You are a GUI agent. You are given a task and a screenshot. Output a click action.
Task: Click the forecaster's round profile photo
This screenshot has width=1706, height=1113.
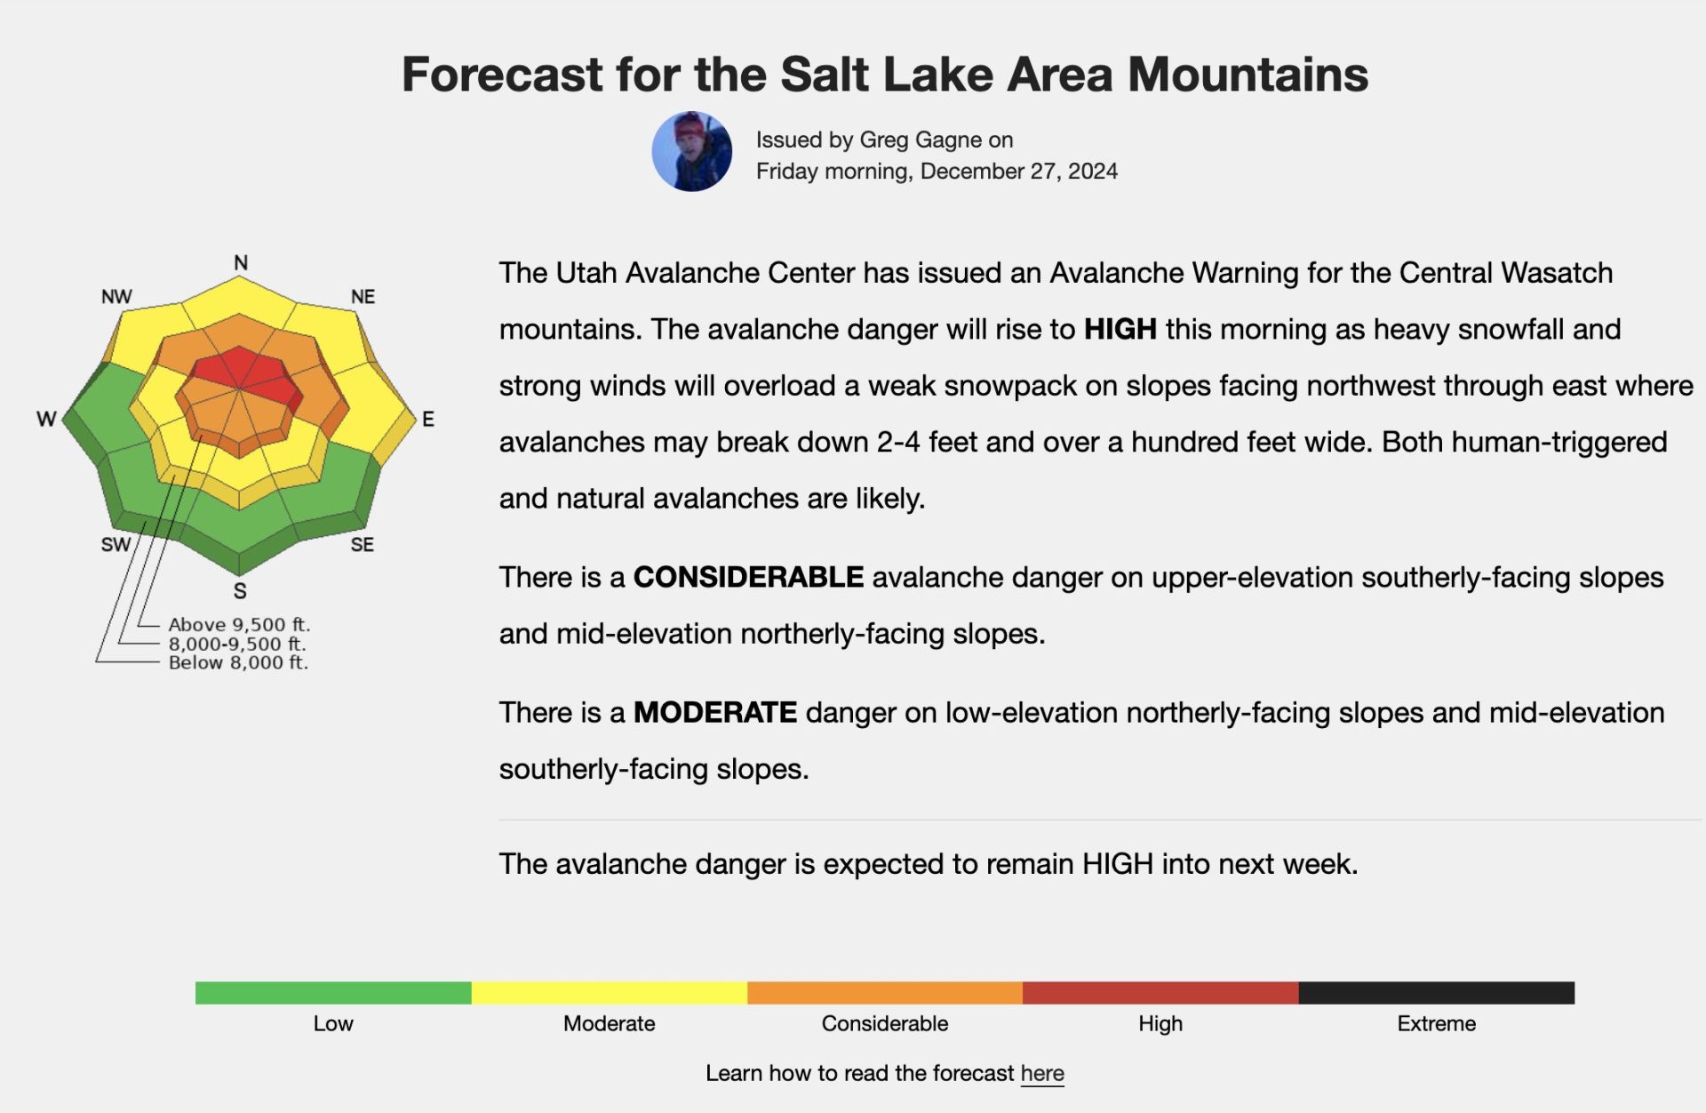pos(692,151)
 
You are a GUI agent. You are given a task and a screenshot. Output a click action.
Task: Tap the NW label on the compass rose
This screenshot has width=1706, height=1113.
pos(116,296)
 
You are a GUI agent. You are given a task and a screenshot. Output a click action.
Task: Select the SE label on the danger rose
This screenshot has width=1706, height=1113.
pos(362,544)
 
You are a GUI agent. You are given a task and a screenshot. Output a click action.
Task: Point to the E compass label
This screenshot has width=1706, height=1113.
pos(428,419)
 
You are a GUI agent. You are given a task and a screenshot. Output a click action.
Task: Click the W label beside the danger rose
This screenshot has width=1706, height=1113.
pos(46,419)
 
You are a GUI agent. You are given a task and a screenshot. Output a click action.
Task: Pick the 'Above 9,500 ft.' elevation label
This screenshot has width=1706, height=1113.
pos(239,624)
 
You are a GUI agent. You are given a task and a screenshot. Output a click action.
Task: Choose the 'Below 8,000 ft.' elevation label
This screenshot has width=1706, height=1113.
pos(238,662)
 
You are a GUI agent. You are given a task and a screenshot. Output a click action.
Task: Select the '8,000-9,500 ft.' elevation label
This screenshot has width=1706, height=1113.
pos(237,644)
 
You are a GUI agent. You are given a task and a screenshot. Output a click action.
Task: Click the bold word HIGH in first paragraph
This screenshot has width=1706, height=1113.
pos(1120,329)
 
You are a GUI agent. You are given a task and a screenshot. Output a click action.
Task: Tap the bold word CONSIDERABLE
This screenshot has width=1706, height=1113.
pos(748,577)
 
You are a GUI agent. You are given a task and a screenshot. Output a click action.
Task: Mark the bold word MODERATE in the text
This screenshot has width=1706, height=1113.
pos(715,712)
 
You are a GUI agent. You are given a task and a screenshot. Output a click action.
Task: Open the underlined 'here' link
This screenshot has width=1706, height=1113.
pos(1042,1073)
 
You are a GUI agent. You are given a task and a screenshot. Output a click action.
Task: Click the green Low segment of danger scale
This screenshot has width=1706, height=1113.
pos(333,993)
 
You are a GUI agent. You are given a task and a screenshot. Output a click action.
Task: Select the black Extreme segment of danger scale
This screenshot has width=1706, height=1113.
pos(1437,993)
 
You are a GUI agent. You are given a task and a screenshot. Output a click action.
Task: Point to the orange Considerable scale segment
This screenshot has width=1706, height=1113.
pos(885,993)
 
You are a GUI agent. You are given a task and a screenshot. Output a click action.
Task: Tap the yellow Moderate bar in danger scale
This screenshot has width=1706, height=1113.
pos(610,993)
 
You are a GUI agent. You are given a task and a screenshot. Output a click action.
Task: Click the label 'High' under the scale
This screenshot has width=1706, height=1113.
pos(1160,1023)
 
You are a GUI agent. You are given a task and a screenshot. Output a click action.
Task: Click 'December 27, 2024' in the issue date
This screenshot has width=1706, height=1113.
pos(1019,171)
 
